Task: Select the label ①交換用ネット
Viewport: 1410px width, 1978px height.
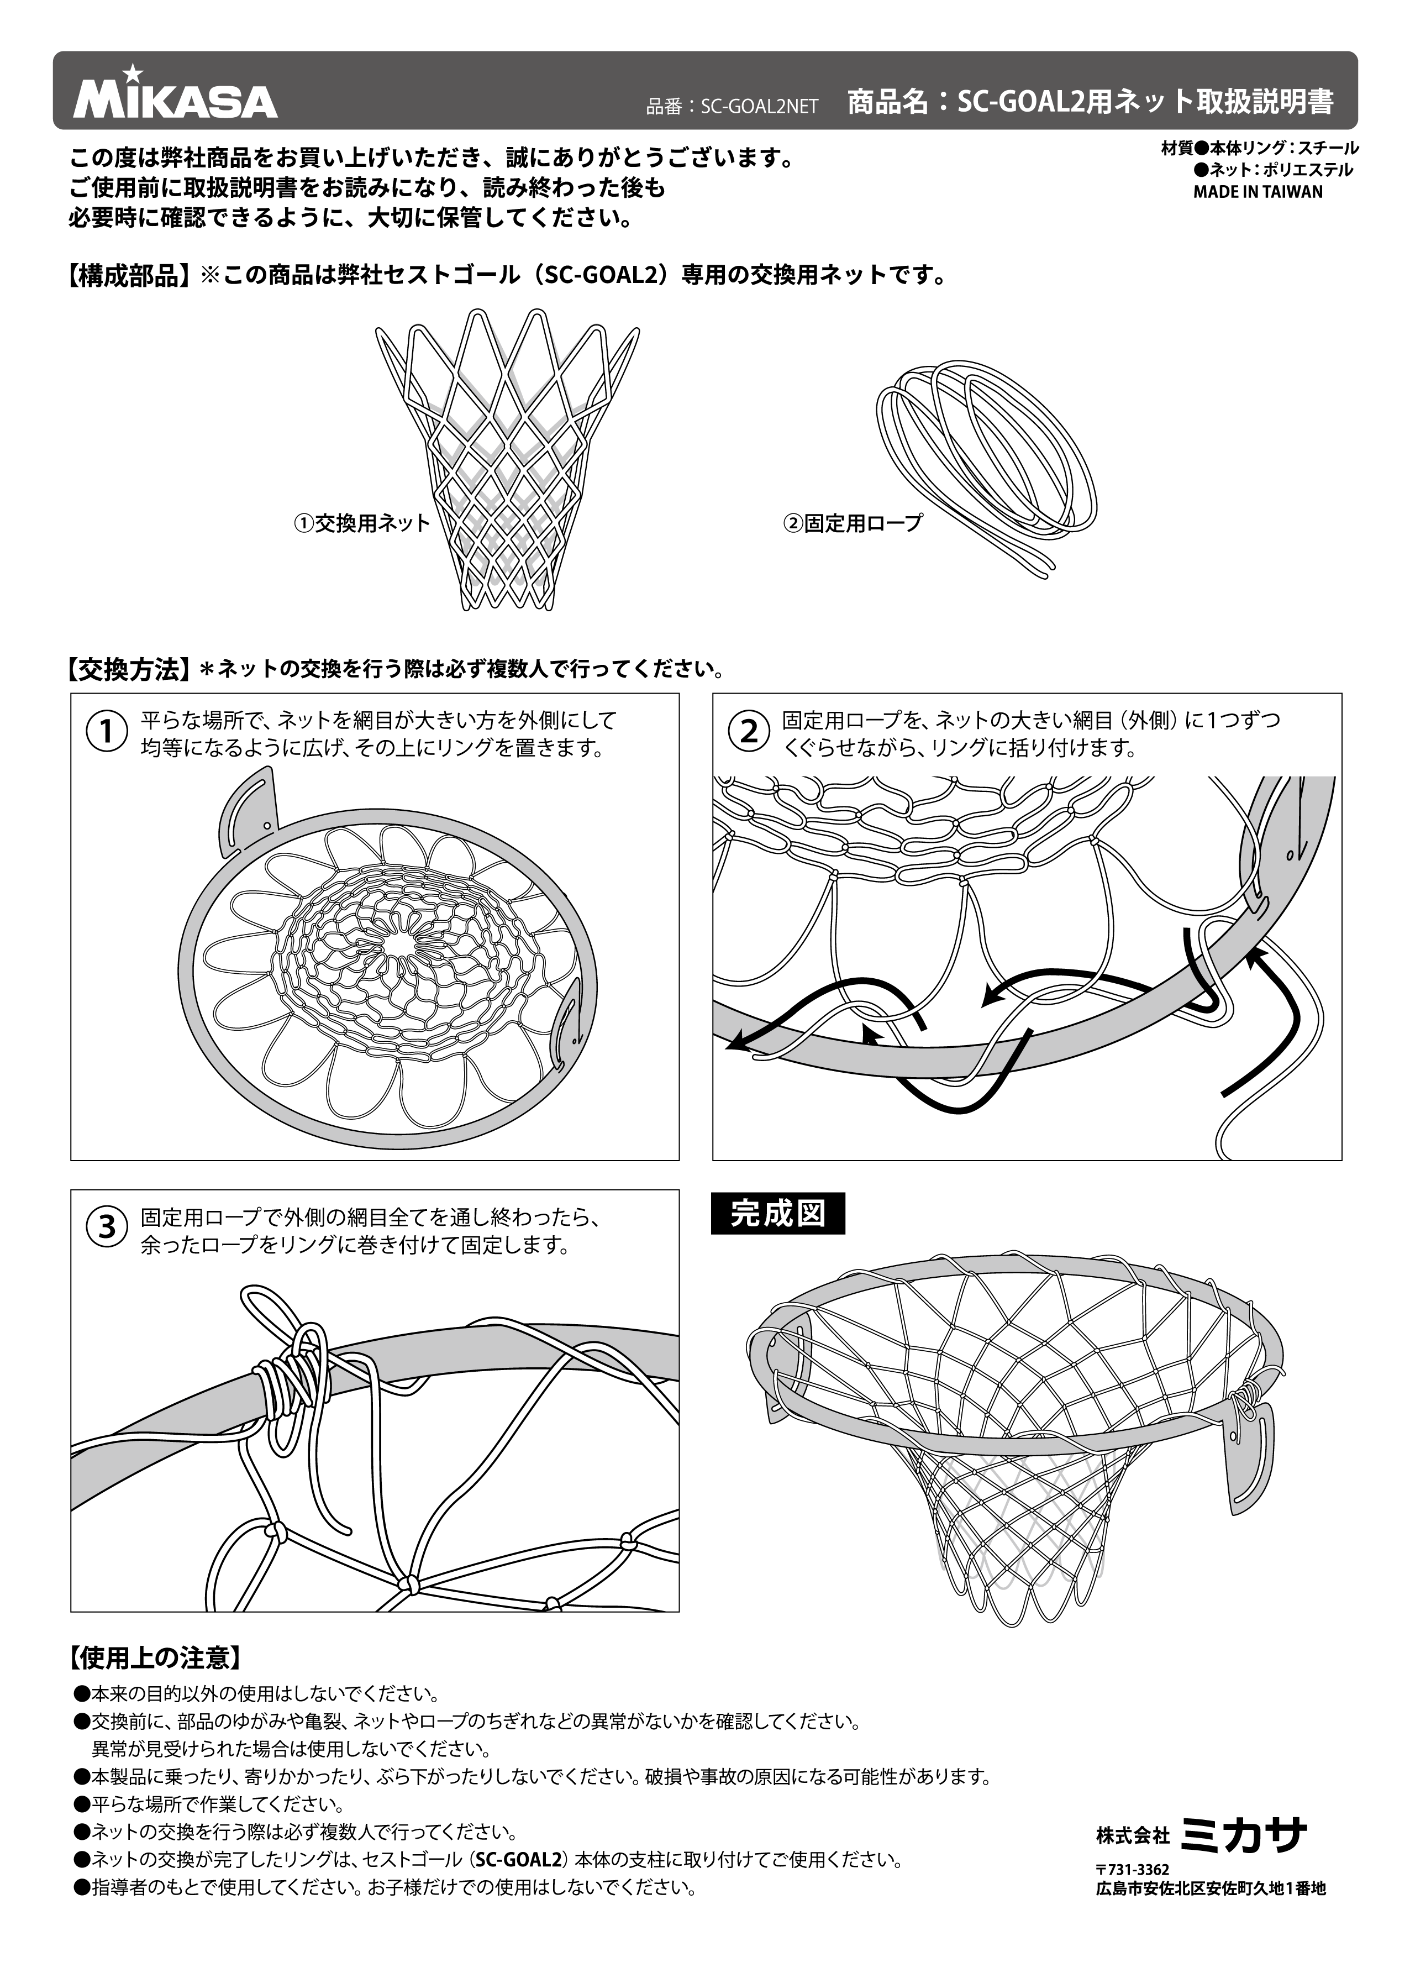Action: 362,523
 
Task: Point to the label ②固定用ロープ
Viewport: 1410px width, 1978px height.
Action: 853,523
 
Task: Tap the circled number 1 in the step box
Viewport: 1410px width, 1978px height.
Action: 107,731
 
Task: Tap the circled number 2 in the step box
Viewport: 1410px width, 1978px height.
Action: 749,731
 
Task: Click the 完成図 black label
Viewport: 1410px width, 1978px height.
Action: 777,1214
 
